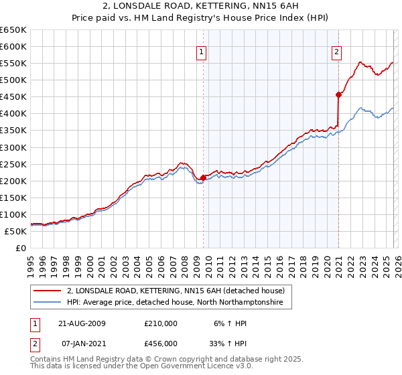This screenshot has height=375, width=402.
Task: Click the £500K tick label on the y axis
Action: point(13,80)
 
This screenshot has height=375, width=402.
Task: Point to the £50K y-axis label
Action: point(16,231)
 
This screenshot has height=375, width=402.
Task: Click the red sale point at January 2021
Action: point(339,95)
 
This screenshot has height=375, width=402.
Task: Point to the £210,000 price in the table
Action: point(161,323)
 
